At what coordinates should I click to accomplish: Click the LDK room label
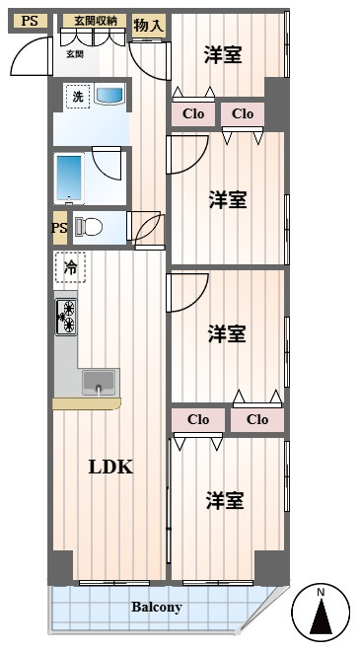pyautogui.click(x=110, y=468)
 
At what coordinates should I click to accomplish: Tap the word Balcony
pyautogui.click(x=157, y=608)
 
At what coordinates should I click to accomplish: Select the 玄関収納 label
pyautogui.click(x=95, y=21)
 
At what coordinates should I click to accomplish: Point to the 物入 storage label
pyautogui.click(x=149, y=26)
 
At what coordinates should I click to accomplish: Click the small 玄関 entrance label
pyautogui.click(x=75, y=53)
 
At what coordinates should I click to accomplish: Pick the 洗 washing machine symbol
pyautogui.click(x=78, y=97)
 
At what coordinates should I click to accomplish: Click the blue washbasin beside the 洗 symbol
pyautogui.click(x=109, y=95)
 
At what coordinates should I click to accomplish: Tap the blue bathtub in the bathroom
pyautogui.click(x=69, y=179)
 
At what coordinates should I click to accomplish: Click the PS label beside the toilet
pyautogui.click(x=59, y=228)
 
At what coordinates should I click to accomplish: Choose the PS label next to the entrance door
pyautogui.click(x=29, y=21)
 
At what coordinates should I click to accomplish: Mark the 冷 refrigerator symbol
pyautogui.click(x=70, y=267)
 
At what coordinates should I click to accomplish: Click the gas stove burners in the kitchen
pyautogui.click(x=66, y=317)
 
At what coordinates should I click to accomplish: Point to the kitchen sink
pyautogui.click(x=99, y=382)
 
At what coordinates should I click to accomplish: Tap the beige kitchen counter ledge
pyautogui.click(x=87, y=403)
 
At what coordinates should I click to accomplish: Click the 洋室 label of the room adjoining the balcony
pyautogui.click(x=225, y=501)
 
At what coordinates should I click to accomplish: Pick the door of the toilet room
pyautogui.click(x=145, y=226)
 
